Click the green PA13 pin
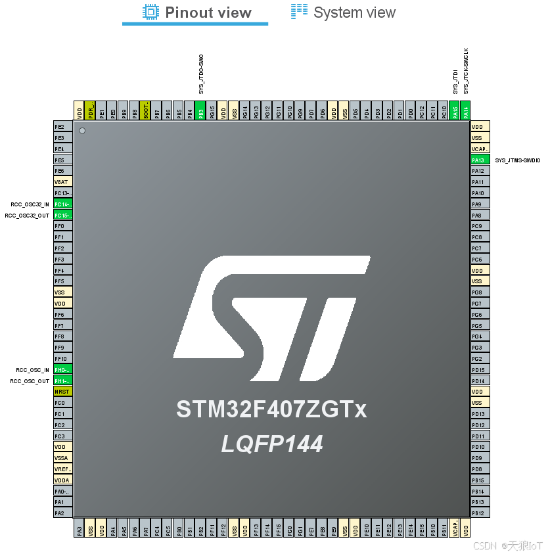point(480,160)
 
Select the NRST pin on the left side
point(62,391)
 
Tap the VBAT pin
point(62,182)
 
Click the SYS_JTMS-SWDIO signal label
point(518,160)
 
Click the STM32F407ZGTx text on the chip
point(271,409)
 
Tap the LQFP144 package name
point(271,444)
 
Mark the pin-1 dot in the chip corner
point(82,131)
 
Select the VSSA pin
point(62,457)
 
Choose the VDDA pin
point(62,480)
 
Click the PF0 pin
point(62,226)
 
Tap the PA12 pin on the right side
point(480,171)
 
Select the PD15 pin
point(480,369)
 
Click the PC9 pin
point(480,226)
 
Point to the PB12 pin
point(480,513)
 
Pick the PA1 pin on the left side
point(62,501)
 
